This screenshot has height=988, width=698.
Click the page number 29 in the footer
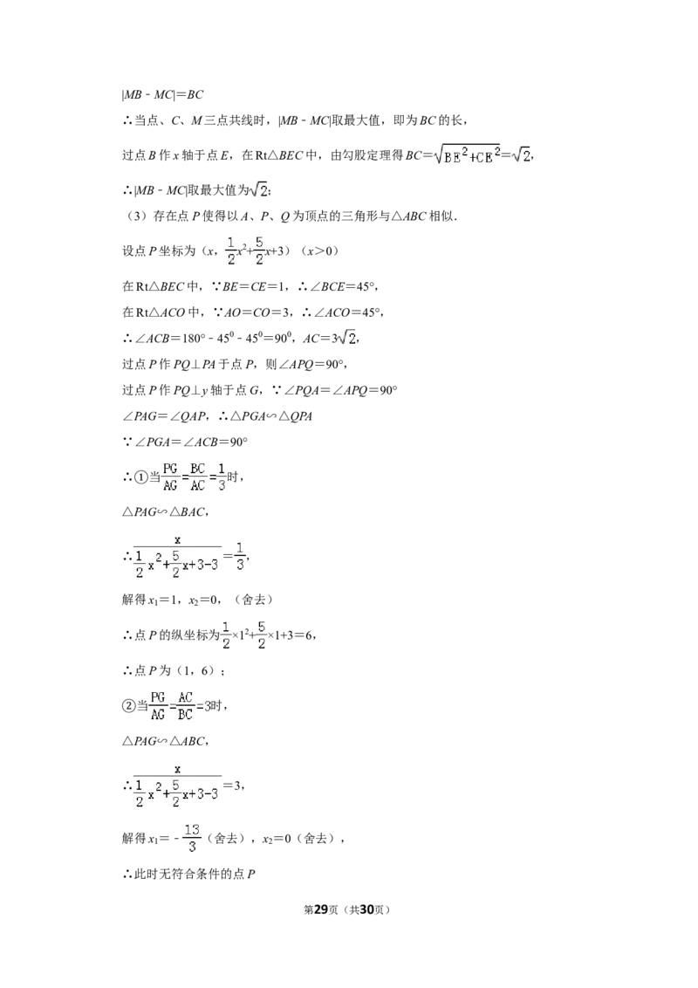pos(322,909)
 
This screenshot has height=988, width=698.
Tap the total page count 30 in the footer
pos(366,909)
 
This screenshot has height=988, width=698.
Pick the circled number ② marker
pos(129,706)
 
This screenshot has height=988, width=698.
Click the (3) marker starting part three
pos(137,216)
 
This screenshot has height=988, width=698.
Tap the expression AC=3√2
pos(331,338)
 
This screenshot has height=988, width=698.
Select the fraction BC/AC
pos(198,477)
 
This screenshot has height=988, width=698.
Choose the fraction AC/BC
pos(185,706)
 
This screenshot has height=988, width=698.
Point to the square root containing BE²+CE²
pos(467,155)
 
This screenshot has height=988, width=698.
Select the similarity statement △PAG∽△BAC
pos(164,512)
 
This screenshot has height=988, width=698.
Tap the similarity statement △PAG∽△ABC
pos(164,741)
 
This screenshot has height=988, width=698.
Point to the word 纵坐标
pos(189,635)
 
